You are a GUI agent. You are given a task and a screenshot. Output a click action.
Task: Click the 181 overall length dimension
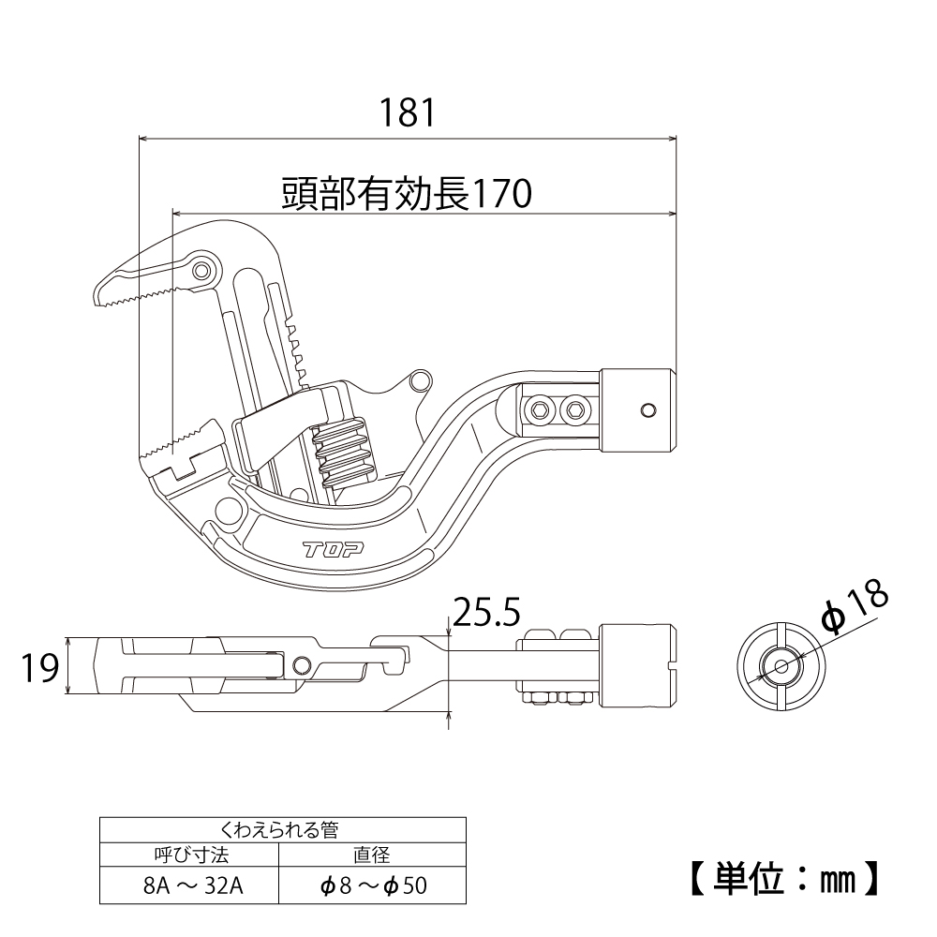coord(408,113)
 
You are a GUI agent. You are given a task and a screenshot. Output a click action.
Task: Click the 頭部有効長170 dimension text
coord(407,194)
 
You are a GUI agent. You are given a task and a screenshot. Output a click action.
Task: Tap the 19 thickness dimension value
coord(39,668)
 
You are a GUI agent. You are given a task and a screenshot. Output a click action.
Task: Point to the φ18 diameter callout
coord(852,610)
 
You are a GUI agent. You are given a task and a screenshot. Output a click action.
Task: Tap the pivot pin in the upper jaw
coord(201,272)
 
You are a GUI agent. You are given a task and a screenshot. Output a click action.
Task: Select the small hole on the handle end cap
coord(647,409)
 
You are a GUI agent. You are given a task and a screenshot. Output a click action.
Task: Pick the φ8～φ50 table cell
coord(373,885)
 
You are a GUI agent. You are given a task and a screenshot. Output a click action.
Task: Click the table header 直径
coord(373,855)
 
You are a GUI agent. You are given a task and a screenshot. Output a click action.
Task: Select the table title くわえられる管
coord(282,828)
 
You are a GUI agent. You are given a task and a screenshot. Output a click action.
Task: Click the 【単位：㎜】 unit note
coord(783,878)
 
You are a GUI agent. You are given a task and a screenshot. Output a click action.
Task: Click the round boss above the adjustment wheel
coord(421,379)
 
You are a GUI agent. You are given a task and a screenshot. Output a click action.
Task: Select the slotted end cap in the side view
coord(638,667)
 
